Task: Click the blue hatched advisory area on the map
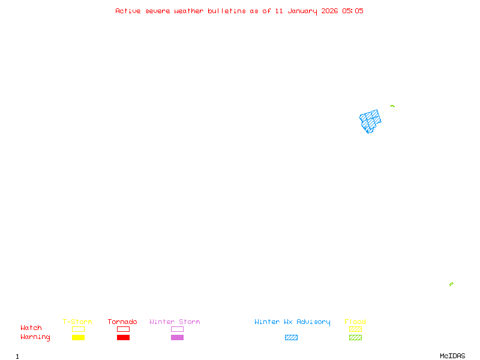pyautogui.click(x=370, y=120)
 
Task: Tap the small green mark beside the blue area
pyautogui.click(x=392, y=106)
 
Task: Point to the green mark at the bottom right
pyautogui.click(x=451, y=284)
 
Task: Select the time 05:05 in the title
pyautogui.click(x=353, y=11)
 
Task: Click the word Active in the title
pyautogui.click(x=128, y=11)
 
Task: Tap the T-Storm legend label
pyautogui.click(x=77, y=322)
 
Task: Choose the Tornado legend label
pyautogui.click(x=122, y=322)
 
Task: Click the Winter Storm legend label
pyautogui.click(x=175, y=322)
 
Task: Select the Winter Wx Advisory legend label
pyautogui.click(x=292, y=322)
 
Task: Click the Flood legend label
pyautogui.click(x=355, y=322)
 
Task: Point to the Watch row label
pyautogui.click(x=31, y=328)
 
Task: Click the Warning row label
pyautogui.click(x=35, y=337)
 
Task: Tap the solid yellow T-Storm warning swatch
pyautogui.click(x=78, y=338)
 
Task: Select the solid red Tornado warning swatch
pyautogui.click(x=123, y=338)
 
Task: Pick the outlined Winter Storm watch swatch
pyautogui.click(x=177, y=329)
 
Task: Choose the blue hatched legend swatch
pyautogui.click(x=291, y=338)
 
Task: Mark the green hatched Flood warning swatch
pyautogui.click(x=355, y=338)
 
